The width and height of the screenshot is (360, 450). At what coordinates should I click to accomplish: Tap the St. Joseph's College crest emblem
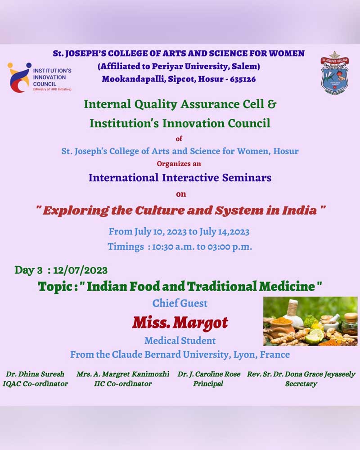[x=334, y=73]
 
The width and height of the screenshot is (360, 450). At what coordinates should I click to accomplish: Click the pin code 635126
[x=243, y=79]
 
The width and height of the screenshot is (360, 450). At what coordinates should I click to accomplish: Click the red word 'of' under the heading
[x=179, y=139]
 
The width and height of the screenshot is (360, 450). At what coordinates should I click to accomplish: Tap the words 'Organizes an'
[x=179, y=164]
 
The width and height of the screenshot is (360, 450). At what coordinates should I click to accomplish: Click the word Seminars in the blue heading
[x=247, y=178]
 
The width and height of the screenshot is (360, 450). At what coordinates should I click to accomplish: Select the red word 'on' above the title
[x=181, y=194]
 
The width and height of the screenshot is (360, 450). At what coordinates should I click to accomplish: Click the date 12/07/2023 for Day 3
[x=81, y=270]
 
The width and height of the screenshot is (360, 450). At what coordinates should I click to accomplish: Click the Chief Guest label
[x=180, y=303]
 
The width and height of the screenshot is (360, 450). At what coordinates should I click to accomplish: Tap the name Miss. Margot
[x=180, y=323]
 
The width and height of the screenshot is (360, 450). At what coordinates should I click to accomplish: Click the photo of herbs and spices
[x=310, y=321]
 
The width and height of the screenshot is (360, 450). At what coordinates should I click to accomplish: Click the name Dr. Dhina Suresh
[x=35, y=374]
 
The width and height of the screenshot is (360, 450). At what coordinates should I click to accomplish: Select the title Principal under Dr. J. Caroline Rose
[x=208, y=384]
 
